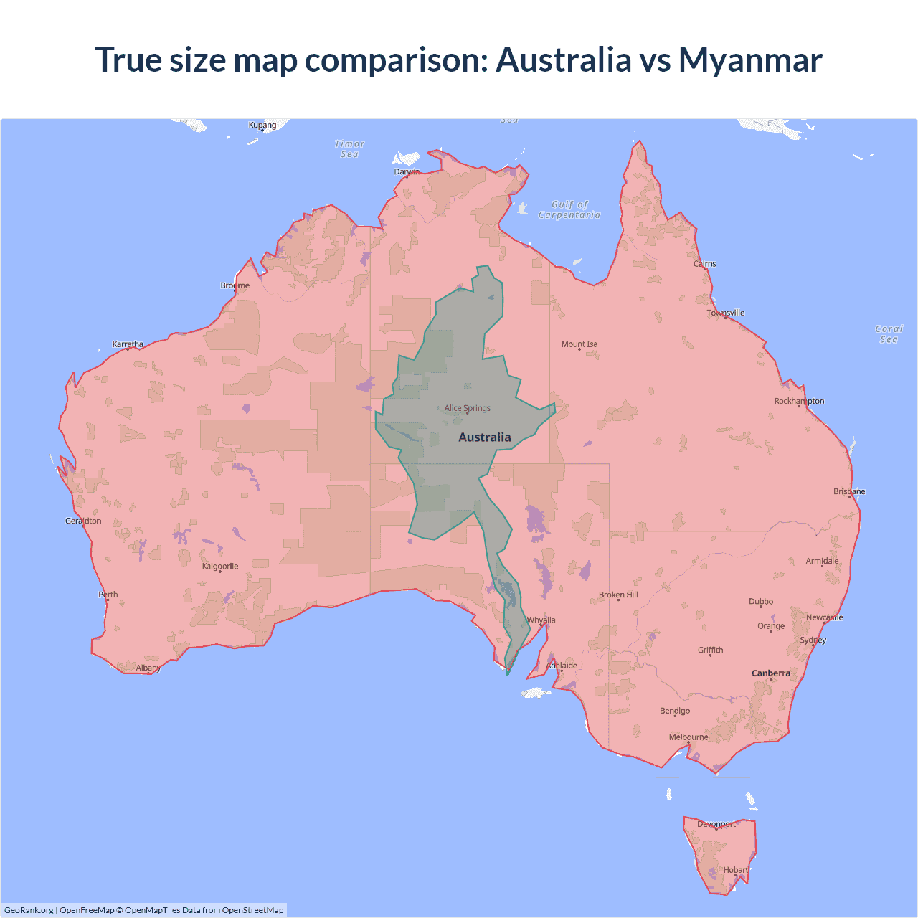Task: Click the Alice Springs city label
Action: click(x=467, y=408)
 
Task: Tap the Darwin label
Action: click(x=407, y=171)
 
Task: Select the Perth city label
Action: click(x=108, y=595)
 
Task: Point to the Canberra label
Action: click(x=771, y=673)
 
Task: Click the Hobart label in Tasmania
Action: click(x=736, y=870)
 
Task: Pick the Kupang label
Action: click(x=262, y=126)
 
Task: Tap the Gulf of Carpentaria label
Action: click(x=569, y=209)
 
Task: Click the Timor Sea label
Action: click(x=349, y=149)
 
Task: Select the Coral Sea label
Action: click(x=889, y=334)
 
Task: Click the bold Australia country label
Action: click(x=485, y=437)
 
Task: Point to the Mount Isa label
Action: click(x=579, y=344)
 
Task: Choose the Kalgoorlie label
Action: click(x=220, y=567)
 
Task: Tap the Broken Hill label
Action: click(x=618, y=595)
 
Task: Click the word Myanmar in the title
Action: click(x=750, y=60)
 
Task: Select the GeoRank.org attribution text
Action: click(x=29, y=910)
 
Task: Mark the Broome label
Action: click(x=235, y=285)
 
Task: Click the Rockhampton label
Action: click(x=799, y=401)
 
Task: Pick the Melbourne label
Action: click(x=688, y=737)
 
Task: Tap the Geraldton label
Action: click(x=83, y=521)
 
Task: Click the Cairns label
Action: click(x=705, y=264)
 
